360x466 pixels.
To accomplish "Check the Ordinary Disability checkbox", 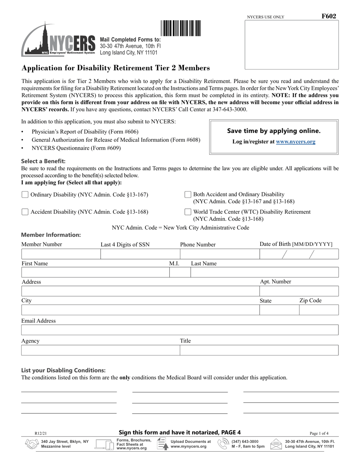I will coord(25,195).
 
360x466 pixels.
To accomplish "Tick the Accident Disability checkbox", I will coord(25,212).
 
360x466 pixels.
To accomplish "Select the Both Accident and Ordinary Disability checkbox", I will coord(188,195).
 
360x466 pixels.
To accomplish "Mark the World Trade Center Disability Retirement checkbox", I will coord(188,212).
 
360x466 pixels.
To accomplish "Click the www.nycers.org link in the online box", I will coord(295,142).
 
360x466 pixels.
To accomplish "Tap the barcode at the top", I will coord(181,28).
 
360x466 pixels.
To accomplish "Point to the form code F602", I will coord(329,16).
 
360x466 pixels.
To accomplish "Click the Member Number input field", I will coord(61,254).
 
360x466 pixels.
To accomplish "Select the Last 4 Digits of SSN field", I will coord(140,254).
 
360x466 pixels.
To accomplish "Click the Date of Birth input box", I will coord(299,254).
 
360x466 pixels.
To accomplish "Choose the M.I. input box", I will coord(179,272).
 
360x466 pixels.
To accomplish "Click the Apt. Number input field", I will coord(299,291).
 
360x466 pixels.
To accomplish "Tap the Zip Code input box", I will coord(319,310).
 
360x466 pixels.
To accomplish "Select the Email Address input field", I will coord(180,330).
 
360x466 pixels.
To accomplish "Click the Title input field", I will coord(259,350).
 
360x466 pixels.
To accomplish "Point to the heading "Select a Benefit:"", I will coord(44,161).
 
